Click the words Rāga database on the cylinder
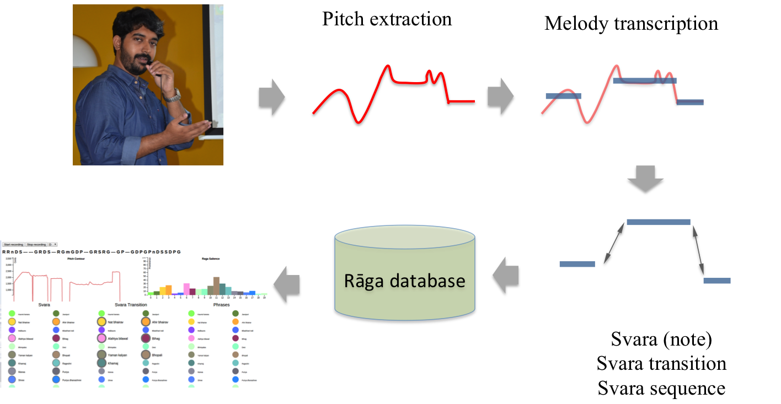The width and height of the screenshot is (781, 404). [405, 281]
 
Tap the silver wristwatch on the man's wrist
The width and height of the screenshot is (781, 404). [173, 96]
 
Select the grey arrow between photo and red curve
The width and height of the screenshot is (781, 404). [271, 97]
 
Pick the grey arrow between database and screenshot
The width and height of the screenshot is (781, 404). [287, 284]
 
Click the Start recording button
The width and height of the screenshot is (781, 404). [13, 244]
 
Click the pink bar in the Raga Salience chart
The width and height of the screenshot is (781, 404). [186, 288]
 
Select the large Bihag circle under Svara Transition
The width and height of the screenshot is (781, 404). [146, 338]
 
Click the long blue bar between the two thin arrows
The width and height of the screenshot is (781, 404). [658, 222]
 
